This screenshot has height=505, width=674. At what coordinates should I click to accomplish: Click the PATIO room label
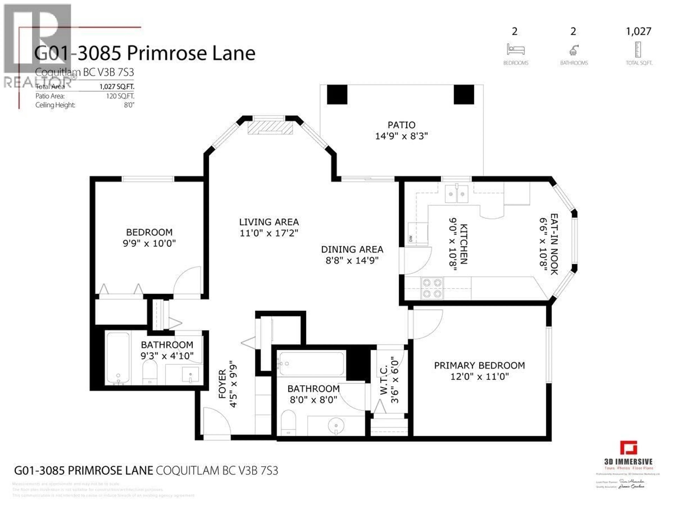pos(401,125)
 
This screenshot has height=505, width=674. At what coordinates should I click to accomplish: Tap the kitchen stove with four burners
pos(432,288)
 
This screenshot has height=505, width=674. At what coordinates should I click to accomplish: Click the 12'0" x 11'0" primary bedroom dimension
pos(479,377)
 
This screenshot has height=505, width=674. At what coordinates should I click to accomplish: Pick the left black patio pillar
pos(337,94)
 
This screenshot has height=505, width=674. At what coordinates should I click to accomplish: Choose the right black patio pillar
pos(464,94)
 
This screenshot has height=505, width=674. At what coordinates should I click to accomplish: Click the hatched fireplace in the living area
pos(270,128)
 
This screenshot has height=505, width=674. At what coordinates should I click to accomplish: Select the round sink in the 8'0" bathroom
pos(336,425)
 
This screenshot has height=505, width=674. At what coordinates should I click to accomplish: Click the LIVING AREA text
pos(269,222)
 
